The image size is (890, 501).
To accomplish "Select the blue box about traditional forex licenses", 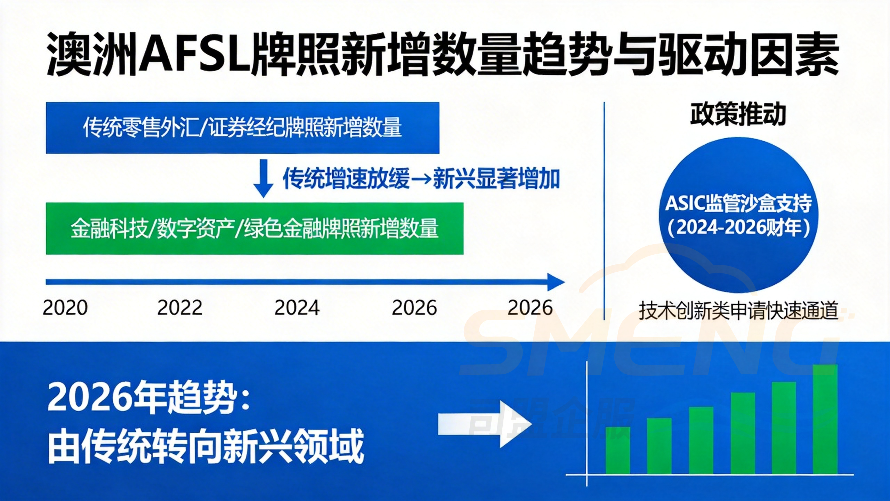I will pos(242,128).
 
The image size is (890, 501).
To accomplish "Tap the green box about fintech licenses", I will pos(254,229).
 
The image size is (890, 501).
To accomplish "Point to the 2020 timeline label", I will pos(65,308).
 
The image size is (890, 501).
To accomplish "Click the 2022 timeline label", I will pos(180,308).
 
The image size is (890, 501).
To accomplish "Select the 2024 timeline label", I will pos(297,308).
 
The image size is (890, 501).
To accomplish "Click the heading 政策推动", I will pos(738,114).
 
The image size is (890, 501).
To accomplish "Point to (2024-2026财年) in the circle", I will pos(738,228).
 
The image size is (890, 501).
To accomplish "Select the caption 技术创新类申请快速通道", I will pos(738,310).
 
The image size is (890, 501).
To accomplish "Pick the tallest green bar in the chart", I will pos(825,419).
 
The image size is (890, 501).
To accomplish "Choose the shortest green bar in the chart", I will pos(618,450).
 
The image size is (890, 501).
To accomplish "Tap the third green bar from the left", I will pos(701,440).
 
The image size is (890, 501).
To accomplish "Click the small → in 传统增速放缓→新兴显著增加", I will pos(421,179).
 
